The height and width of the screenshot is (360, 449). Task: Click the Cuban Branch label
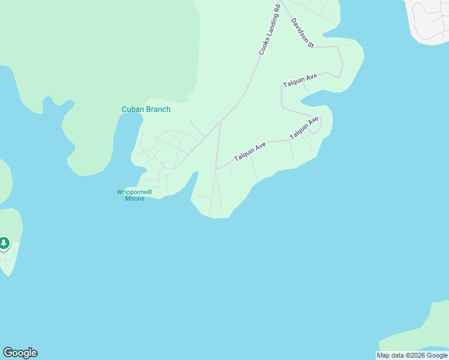click(x=146, y=109)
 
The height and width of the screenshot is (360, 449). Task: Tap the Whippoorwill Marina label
click(x=134, y=195)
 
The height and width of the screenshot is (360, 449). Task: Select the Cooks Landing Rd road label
click(x=270, y=30)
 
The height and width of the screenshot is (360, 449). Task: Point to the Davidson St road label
click(x=303, y=32)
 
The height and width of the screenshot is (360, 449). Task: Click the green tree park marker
click(x=4, y=243)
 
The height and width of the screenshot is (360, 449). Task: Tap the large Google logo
click(x=20, y=353)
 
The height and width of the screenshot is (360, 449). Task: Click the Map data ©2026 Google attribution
click(x=412, y=355)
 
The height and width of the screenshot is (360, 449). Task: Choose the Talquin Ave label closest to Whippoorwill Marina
click(x=250, y=150)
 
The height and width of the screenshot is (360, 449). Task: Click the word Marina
click(x=134, y=199)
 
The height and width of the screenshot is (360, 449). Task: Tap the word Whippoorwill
click(x=134, y=192)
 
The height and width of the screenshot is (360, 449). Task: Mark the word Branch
click(x=158, y=109)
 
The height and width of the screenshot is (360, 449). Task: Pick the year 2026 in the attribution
click(x=415, y=355)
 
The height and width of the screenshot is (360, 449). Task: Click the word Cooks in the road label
click(x=263, y=47)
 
